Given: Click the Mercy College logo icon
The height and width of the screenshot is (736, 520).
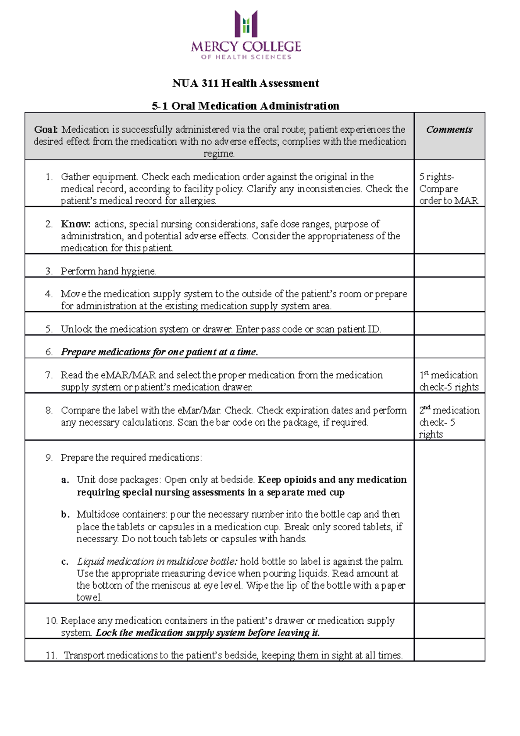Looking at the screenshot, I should (x=246, y=24).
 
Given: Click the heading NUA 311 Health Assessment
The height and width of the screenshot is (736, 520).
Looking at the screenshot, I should (x=246, y=83).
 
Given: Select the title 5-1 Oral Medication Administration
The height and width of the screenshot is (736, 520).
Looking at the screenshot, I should (x=246, y=106).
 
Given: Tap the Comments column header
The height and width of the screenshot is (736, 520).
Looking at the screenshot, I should (x=449, y=130).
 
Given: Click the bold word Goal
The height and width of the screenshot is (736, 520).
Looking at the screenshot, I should (x=46, y=130).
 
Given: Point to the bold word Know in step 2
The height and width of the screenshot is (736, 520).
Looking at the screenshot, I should (x=75, y=224).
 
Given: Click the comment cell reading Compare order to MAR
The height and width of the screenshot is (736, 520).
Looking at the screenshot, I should (x=448, y=195).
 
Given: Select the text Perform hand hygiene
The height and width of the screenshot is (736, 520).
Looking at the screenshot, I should (x=108, y=271).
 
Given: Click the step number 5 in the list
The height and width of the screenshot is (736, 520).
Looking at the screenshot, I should (x=49, y=329).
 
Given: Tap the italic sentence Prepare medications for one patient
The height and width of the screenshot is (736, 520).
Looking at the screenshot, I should (x=159, y=352).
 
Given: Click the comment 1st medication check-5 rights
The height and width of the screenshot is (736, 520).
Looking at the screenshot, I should (x=449, y=381).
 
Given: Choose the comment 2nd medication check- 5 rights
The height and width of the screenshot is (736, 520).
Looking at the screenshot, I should (x=449, y=422).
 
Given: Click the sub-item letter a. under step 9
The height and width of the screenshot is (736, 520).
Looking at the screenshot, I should (x=65, y=480).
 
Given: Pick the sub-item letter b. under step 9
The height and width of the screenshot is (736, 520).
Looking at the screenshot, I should (x=65, y=515).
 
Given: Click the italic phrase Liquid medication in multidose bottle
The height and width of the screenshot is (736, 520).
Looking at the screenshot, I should (x=157, y=562).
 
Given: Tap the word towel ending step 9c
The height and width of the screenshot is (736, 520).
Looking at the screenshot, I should (x=89, y=597).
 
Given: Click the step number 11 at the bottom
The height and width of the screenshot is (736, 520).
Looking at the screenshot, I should (x=51, y=655).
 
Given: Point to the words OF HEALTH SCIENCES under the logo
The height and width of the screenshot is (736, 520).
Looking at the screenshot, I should (x=246, y=57).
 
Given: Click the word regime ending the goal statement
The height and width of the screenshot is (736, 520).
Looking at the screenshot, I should (x=219, y=153).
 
